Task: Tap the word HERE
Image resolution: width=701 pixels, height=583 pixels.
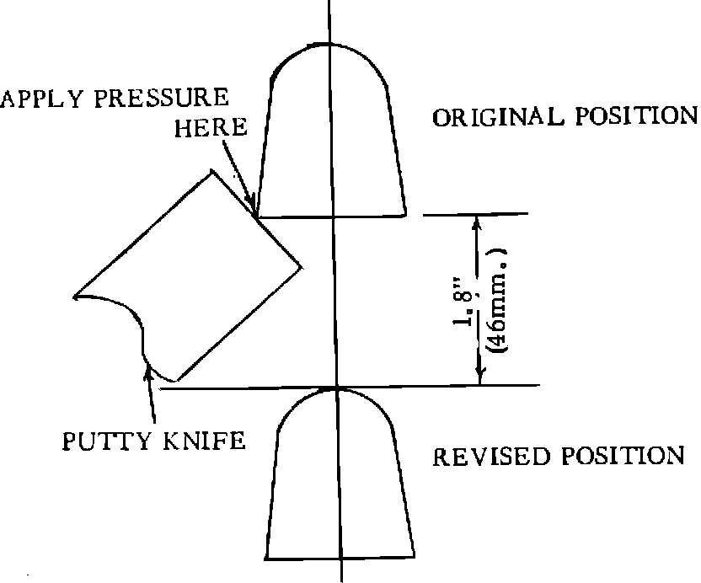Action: [211, 128]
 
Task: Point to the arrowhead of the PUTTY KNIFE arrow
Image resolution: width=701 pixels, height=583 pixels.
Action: [150, 372]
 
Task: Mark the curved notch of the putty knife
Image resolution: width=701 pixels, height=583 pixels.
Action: [127, 312]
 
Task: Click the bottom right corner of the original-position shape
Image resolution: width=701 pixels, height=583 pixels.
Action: [406, 214]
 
